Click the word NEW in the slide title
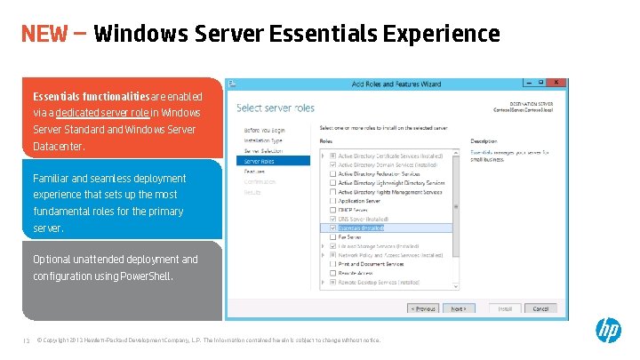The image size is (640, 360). tap(44, 34)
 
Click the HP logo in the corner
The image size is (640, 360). tap(608, 331)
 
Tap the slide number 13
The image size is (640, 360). tap(26, 340)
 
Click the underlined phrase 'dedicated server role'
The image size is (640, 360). tap(103, 113)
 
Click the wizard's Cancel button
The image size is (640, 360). tap(540, 308)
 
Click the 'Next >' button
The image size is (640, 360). tap(458, 308)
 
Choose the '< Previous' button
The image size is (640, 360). tap(423, 308)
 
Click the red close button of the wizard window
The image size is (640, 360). tap(557, 83)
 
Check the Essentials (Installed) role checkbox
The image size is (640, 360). tap(332, 228)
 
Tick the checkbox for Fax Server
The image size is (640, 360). tap(332, 237)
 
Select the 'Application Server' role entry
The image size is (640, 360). tap(359, 201)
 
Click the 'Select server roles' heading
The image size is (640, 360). tap(276, 108)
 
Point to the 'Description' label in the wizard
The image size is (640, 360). tap(484, 140)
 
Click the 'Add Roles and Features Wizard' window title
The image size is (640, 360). tap(396, 84)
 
